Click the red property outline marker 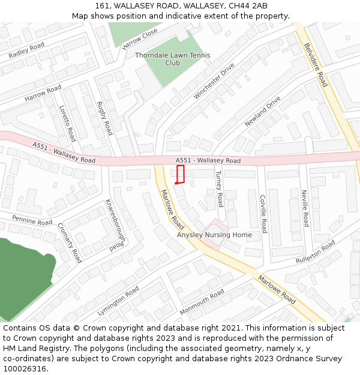pos(180,174)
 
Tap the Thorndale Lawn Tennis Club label pos(164,59)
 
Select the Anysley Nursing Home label pos(214,235)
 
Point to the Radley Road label pos(27,50)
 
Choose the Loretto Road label pos(67,124)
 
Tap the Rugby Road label pos(105,118)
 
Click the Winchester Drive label pos(214,81)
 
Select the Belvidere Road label pos(316,64)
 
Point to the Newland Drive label pos(262,112)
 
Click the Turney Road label pos(220,188)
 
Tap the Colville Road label pos(263,214)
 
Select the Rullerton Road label pos(316,252)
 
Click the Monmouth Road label pos(202,302)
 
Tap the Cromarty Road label pos(69,242)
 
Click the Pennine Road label pos(32,221)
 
